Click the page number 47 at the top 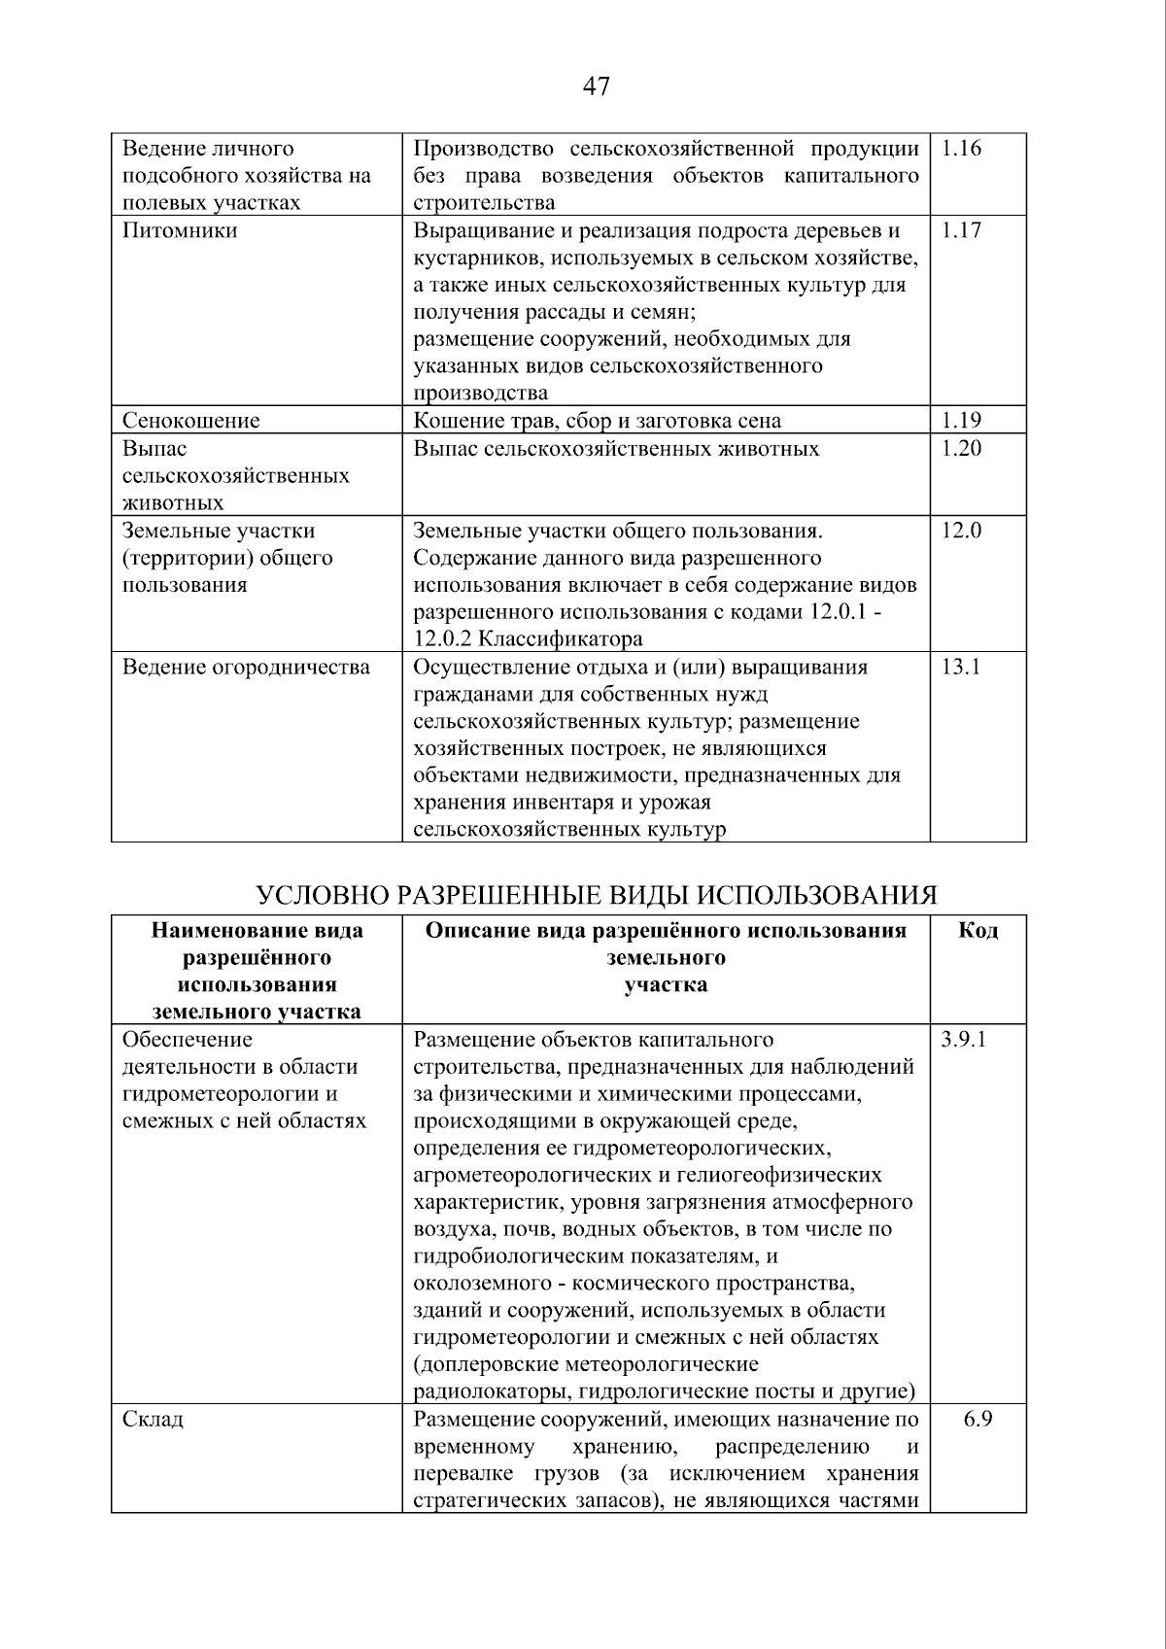[x=596, y=86]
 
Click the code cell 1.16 [x=962, y=149]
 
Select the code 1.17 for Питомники [x=962, y=230]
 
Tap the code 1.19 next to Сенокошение [x=962, y=420]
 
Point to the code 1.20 [x=962, y=448]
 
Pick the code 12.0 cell [x=962, y=531]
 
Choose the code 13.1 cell [x=961, y=667]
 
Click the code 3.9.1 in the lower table [x=964, y=1040]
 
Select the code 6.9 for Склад [x=977, y=1419]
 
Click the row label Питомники [x=180, y=230]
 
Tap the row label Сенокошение [x=190, y=420]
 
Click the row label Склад [x=153, y=1419]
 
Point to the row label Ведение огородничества [x=246, y=667]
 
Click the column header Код [x=977, y=931]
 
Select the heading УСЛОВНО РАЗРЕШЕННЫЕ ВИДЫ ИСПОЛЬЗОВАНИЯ [x=596, y=895]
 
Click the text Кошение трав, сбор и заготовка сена [x=598, y=420]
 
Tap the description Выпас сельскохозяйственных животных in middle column [x=616, y=448]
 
